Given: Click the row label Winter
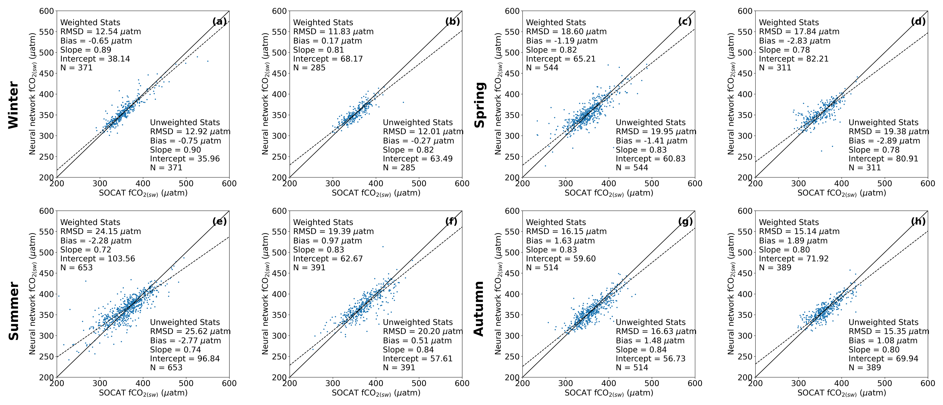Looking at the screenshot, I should [x=13, y=105].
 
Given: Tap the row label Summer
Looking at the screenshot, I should [x=13, y=311].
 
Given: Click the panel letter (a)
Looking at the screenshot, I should [x=219, y=22].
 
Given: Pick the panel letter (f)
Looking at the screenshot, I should [x=452, y=221].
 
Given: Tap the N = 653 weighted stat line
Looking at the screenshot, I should [x=76, y=267].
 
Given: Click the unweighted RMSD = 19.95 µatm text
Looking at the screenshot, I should [x=656, y=132].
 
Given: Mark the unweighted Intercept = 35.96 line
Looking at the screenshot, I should [x=185, y=159].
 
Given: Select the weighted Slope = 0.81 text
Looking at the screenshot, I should [x=318, y=50].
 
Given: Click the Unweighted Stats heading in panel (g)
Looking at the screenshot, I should [x=651, y=322].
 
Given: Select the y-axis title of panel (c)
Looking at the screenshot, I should [x=499, y=94].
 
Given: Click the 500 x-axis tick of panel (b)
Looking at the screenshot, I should [x=419, y=184].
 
